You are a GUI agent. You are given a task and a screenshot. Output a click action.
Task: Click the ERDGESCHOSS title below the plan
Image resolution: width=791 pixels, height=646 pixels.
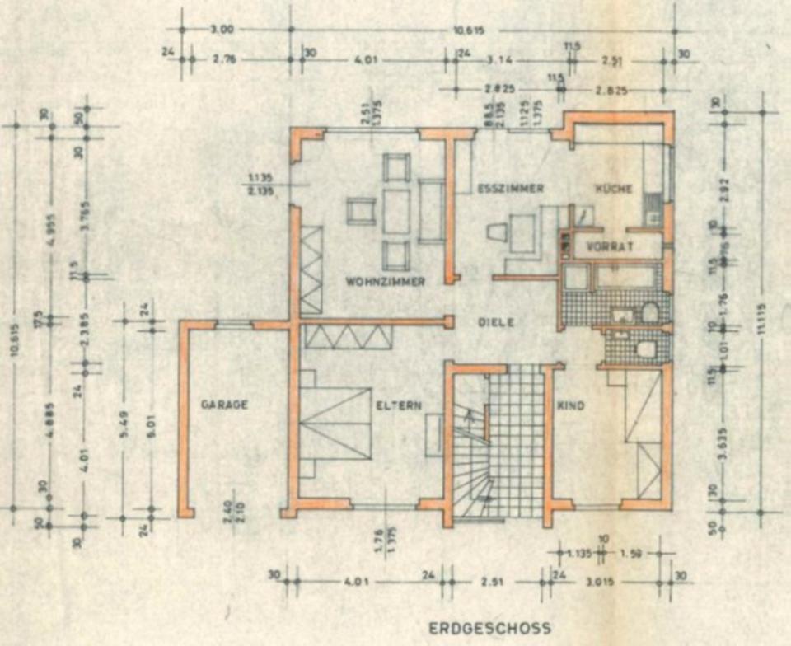(489, 629)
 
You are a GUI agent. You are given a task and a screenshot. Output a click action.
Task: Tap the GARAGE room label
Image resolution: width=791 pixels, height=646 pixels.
(224, 405)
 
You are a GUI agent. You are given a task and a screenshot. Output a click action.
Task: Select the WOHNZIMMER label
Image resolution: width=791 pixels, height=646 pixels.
(385, 282)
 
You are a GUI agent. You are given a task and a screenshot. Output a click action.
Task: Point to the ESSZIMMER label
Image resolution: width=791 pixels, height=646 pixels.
(510, 189)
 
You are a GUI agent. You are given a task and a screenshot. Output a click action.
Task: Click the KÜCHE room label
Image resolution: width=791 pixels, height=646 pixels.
(614, 189)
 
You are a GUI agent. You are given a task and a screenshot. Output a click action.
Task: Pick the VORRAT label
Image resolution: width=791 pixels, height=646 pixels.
(609, 246)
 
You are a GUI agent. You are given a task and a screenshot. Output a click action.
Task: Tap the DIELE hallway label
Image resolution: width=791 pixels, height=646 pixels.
(497, 323)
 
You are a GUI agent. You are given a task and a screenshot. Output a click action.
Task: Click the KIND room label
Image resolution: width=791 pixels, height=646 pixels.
(570, 406)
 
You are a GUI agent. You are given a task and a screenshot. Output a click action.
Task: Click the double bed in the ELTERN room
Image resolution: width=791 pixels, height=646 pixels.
(335, 422)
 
